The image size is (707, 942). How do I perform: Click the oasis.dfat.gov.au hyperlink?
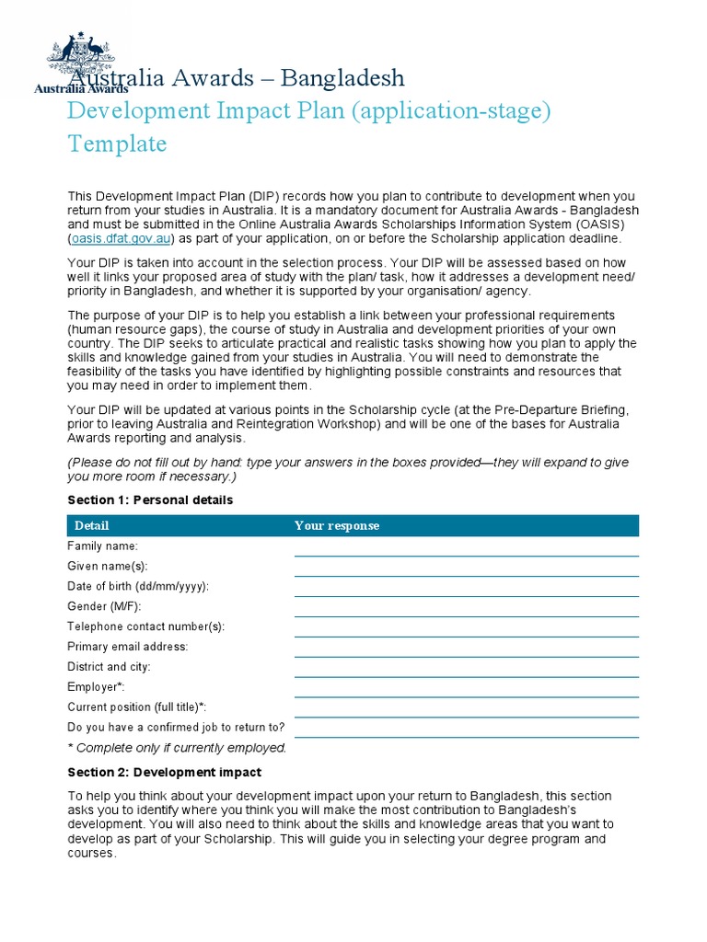click(121, 238)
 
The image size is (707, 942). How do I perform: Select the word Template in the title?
click(117, 144)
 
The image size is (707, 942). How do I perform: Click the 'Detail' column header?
click(91, 525)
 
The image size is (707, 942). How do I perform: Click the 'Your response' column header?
click(336, 525)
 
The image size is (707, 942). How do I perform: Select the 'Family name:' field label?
click(103, 546)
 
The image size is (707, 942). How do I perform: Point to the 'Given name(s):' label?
click(107, 566)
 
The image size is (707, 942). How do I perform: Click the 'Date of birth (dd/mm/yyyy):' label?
click(138, 586)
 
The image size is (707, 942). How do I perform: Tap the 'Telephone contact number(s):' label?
click(145, 626)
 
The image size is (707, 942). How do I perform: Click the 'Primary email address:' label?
click(127, 647)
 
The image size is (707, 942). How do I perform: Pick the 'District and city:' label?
click(109, 667)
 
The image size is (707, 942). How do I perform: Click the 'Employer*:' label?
click(96, 687)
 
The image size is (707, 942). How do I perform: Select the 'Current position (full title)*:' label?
click(137, 707)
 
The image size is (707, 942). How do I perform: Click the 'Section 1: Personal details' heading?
click(150, 500)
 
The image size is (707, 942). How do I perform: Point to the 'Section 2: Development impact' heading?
click(164, 773)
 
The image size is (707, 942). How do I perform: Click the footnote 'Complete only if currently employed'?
click(178, 748)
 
